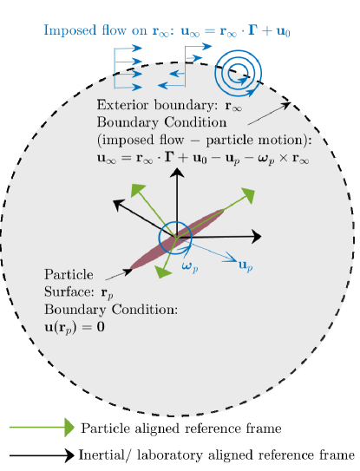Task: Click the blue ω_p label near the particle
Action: pyautogui.click(x=190, y=266)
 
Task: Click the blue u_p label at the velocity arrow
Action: pyautogui.click(x=245, y=265)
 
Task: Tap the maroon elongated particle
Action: pyautogui.click(x=177, y=239)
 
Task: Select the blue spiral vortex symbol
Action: pyautogui.click(x=238, y=73)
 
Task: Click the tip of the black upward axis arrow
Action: pyautogui.click(x=177, y=168)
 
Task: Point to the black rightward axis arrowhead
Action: pyautogui.click(x=256, y=237)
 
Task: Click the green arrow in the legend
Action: pyautogui.click(x=42, y=427)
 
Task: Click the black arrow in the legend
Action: pyautogui.click(x=42, y=455)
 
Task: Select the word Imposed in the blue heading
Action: pyautogui.click(x=70, y=30)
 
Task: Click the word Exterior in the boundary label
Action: pyautogui.click(x=122, y=105)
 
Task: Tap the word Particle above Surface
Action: pyautogui.click(x=69, y=275)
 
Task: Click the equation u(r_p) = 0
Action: pyautogui.click(x=75, y=327)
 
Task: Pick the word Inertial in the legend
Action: pyautogui.click(x=101, y=455)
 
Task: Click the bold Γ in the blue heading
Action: pyautogui.click(x=254, y=30)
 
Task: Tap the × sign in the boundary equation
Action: pyautogui.click(x=284, y=158)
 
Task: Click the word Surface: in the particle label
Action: pyautogui.click(x=69, y=291)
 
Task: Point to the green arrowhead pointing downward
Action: pyautogui.click(x=162, y=271)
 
